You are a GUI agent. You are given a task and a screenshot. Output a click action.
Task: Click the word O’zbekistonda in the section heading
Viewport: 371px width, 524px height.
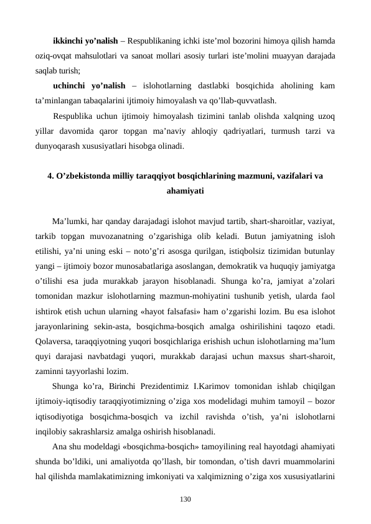(85, 176)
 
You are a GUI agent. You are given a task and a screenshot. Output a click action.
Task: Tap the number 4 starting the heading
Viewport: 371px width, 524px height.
(50, 176)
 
